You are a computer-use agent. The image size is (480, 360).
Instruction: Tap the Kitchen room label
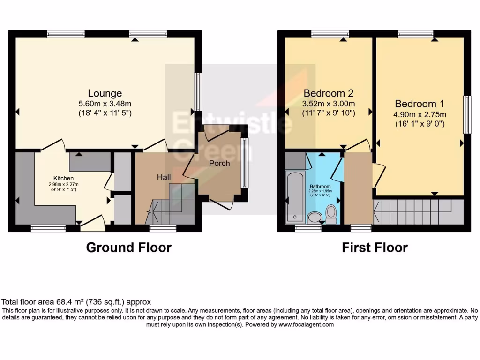coord(63,178)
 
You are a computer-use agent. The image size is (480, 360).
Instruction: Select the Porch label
coord(219,163)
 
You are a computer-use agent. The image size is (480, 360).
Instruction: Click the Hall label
coord(164,177)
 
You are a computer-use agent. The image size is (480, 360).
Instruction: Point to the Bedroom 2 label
coord(328,93)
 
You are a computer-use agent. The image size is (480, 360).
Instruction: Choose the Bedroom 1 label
coord(420,104)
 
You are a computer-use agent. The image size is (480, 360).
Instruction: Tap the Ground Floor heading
coord(128,247)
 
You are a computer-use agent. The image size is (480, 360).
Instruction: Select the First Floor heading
coord(375,247)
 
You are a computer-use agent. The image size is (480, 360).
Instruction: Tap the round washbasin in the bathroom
coord(315,217)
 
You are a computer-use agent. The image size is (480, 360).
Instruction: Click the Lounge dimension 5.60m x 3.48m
coord(105,104)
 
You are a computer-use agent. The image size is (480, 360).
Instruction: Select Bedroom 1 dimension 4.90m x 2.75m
coord(420,114)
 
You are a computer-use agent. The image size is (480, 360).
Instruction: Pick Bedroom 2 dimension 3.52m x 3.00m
coord(328,104)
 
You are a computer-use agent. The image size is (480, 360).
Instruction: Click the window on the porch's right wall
coord(244,163)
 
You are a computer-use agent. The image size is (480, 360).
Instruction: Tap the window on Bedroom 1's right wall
coord(467,114)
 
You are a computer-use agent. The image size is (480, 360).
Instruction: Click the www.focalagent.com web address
coord(306,324)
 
